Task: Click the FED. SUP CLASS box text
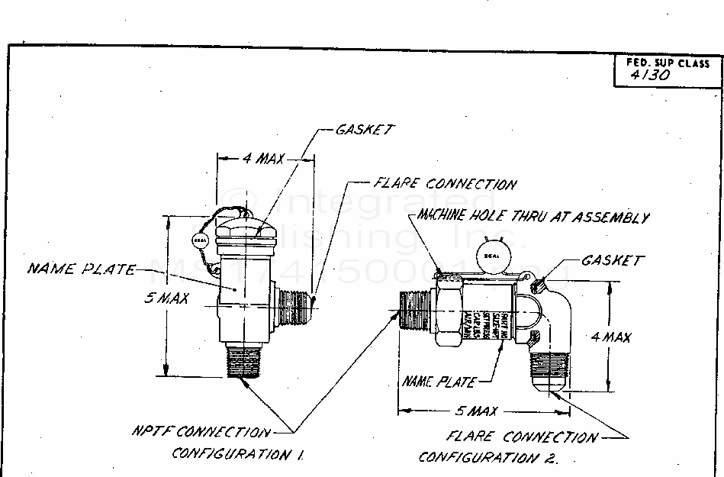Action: pyautogui.click(x=668, y=63)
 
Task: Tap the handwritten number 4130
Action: pyautogui.click(x=651, y=76)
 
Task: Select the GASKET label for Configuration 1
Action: pyautogui.click(x=365, y=130)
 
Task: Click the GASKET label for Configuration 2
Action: pyautogui.click(x=613, y=260)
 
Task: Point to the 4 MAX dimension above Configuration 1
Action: pyautogui.click(x=263, y=159)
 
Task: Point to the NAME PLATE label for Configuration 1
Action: pyautogui.click(x=82, y=269)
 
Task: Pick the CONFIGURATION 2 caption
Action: pyautogui.click(x=488, y=458)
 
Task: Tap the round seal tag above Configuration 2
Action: pyautogui.click(x=488, y=257)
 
